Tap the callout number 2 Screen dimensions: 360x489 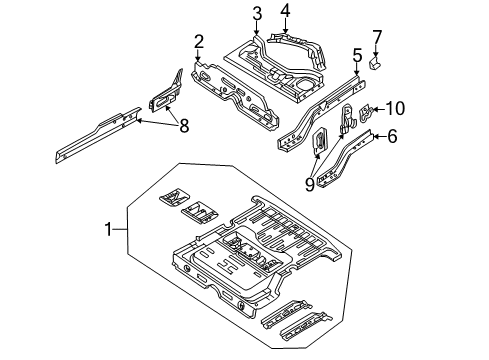(199, 41)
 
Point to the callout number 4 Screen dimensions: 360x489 (285, 12)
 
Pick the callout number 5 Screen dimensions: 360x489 (357, 55)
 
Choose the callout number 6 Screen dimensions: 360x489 (392, 138)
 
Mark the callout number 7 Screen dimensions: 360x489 (377, 38)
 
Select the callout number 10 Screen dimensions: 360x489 (396, 107)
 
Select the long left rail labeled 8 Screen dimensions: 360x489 (95, 135)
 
